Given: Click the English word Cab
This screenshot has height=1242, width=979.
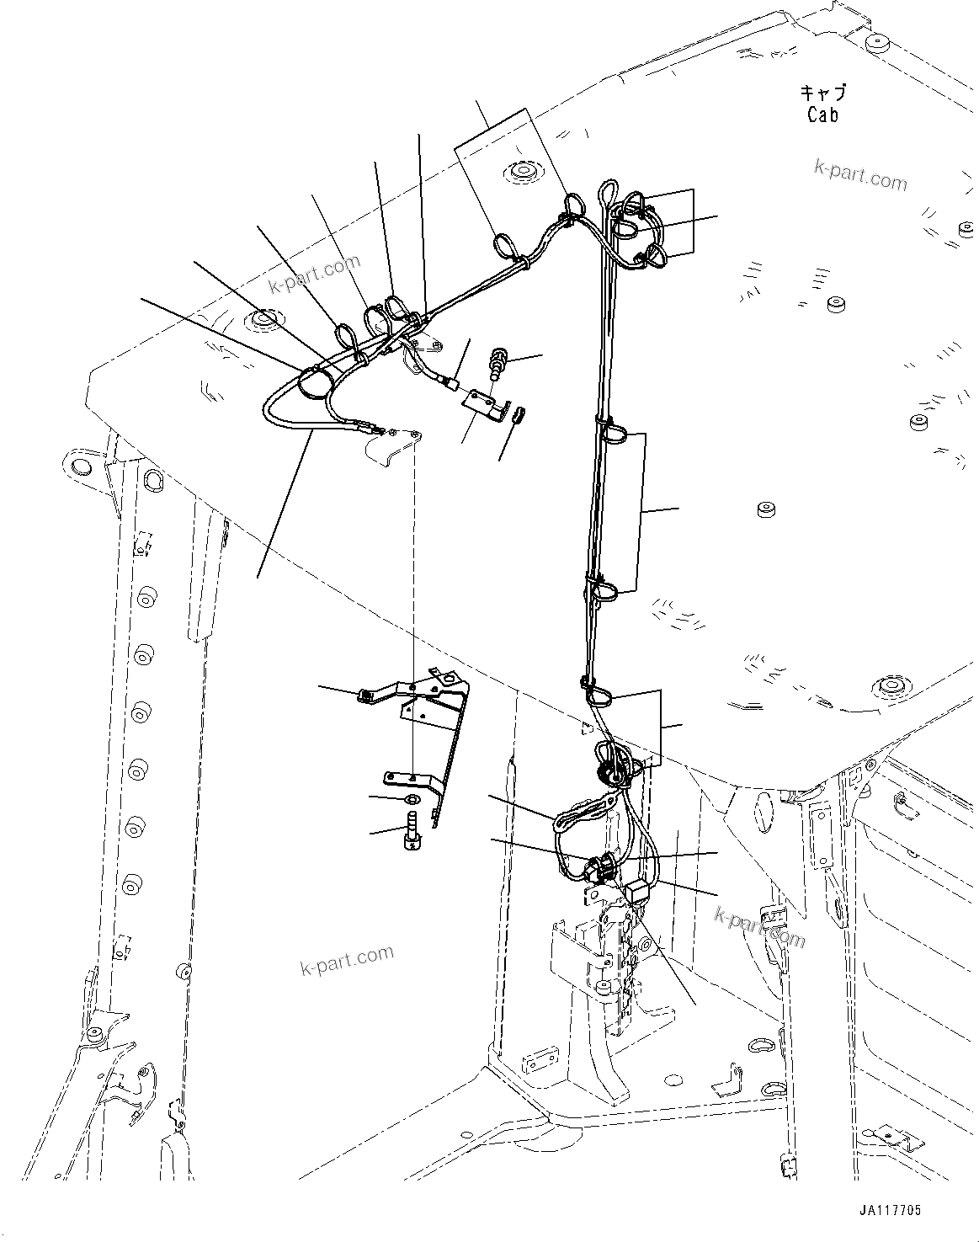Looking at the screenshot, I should [x=822, y=115].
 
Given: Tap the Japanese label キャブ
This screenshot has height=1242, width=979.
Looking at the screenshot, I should [x=822, y=93].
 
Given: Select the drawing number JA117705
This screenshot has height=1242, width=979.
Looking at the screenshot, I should [x=890, y=1210].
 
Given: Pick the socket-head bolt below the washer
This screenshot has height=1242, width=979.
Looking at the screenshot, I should [x=413, y=830].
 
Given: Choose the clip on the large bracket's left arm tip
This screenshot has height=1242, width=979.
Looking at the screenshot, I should [x=366, y=694].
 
